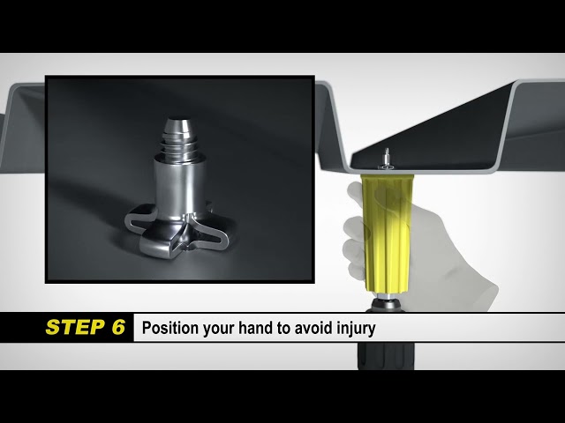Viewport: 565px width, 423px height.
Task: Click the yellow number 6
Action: coord(118,327)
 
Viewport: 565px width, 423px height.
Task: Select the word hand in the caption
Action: coord(255,328)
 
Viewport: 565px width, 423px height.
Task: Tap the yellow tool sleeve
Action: coord(388,233)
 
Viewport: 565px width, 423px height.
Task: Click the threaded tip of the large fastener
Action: coord(178,138)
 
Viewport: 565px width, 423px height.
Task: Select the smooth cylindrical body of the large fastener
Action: coord(180,187)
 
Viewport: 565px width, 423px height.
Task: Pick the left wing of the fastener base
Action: coord(139,218)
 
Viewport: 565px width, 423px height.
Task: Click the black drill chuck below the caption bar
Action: coord(386,355)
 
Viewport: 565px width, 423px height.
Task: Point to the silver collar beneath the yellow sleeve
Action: coord(386,297)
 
